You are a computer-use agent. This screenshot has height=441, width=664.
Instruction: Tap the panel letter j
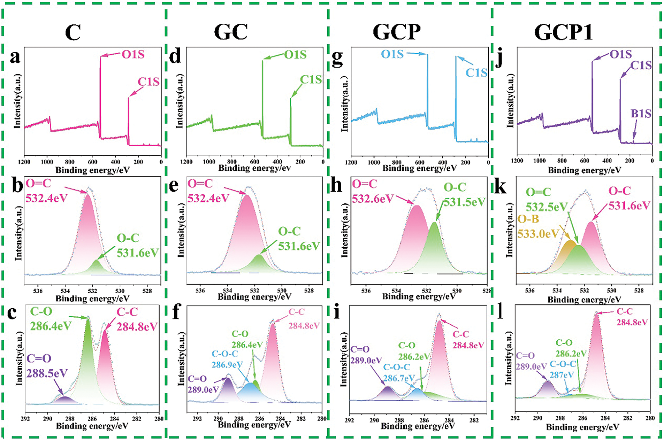[499, 58]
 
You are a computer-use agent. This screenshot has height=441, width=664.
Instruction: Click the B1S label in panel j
[641, 114]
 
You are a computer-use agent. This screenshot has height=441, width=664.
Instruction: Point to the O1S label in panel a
[133, 54]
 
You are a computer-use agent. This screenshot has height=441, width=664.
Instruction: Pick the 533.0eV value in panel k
[538, 233]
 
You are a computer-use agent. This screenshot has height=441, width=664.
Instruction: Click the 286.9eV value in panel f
[227, 364]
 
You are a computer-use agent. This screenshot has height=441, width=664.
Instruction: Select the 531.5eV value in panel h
[464, 202]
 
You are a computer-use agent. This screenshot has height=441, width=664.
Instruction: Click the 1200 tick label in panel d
[186, 162]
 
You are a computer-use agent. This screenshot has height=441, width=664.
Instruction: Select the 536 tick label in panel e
[200, 291]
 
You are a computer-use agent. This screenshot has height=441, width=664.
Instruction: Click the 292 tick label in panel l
[515, 418]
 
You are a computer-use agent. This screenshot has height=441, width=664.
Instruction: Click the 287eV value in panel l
[562, 375]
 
